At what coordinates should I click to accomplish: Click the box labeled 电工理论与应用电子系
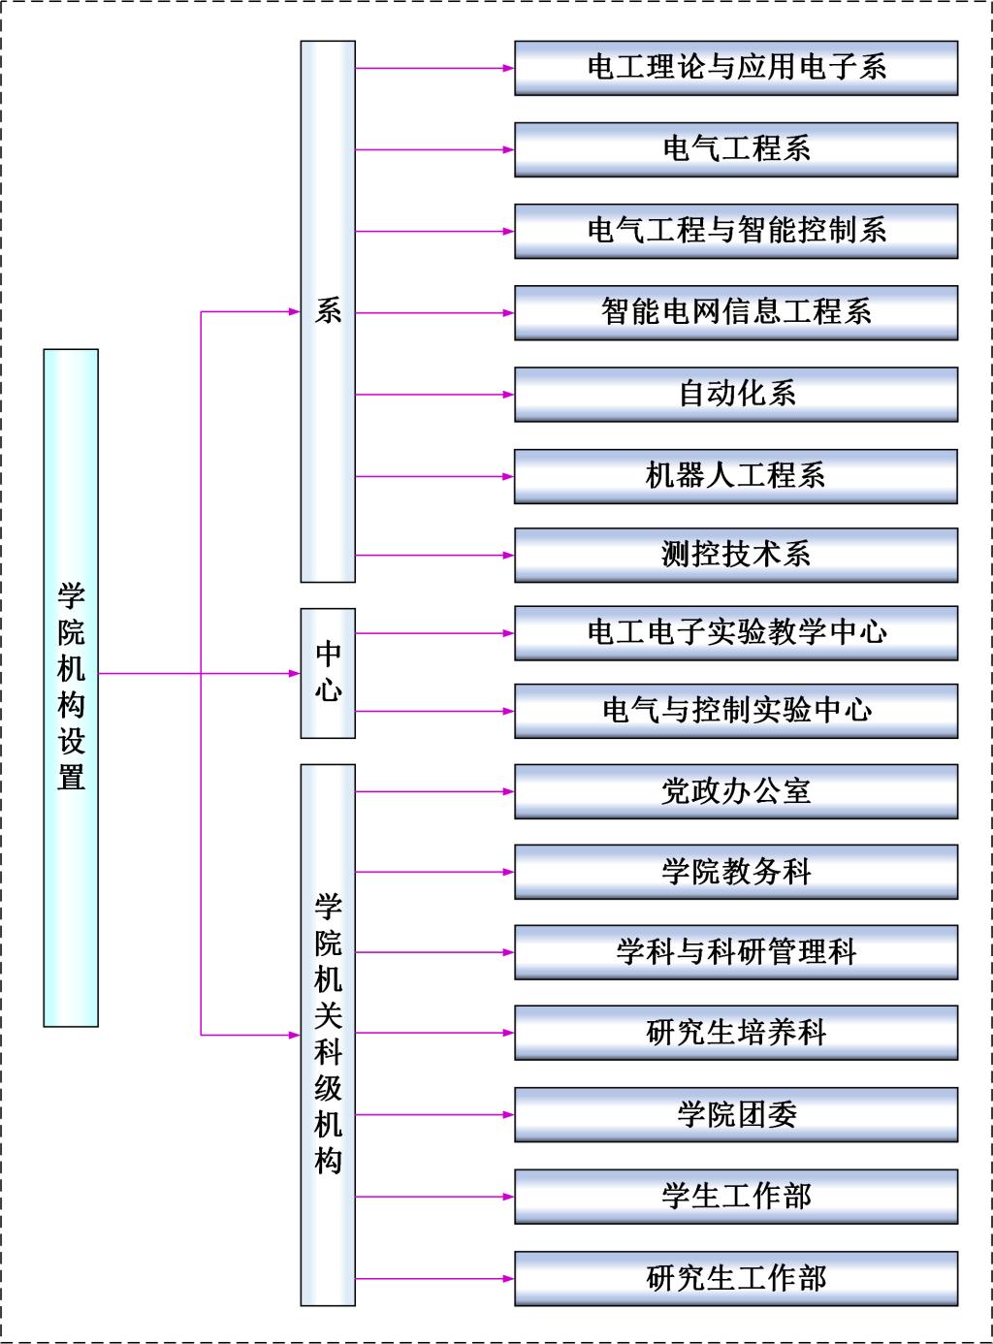point(736,68)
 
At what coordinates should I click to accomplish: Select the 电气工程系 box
point(736,149)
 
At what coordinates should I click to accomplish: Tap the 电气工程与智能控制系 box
point(736,231)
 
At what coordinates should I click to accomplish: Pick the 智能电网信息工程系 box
point(736,312)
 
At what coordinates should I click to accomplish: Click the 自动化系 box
point(736,395)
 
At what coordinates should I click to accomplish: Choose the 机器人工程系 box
point(736,476)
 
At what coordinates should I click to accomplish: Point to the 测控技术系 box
point(736,555)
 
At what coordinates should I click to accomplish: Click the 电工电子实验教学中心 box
point(736,633)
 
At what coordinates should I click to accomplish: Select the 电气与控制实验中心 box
point(736,712)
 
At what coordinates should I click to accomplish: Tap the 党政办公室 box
point(736,791)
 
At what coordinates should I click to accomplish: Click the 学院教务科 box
point(736,872)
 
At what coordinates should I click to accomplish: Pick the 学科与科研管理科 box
point(736,952)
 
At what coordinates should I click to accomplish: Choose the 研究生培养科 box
point(736,1033)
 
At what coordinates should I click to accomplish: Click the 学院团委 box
point(736,1115)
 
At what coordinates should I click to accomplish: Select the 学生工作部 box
point(736,1197)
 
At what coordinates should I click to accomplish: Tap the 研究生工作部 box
point(736,1279)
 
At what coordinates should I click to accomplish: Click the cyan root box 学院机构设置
point(71,688)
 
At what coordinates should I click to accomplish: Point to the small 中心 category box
point(328,673)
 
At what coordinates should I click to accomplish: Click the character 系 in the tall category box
point(328,310)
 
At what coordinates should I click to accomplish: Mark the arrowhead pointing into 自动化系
point(509,395)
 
